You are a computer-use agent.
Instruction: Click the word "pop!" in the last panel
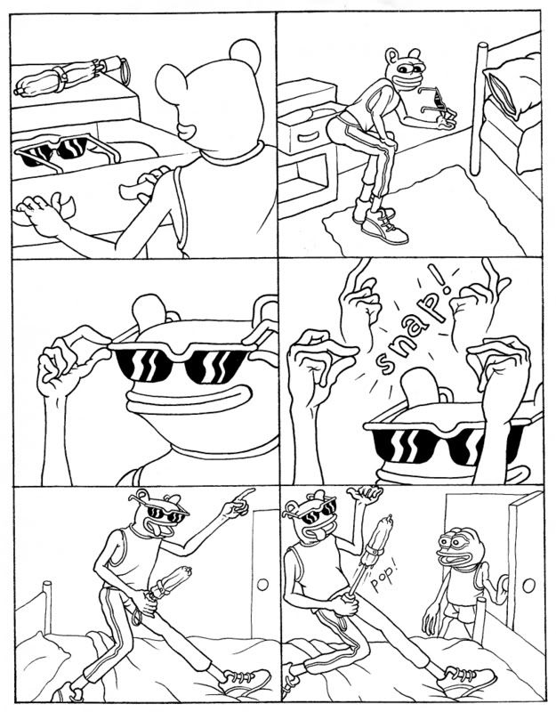pyautogui.click(x=383, y=577)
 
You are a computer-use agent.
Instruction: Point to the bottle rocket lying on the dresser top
pyautogui.click(x=71, y=76)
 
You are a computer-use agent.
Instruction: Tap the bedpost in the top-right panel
pyautogui.click(x=478, y=109)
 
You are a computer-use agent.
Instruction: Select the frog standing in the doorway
pyautogui.click(x=460, y=582)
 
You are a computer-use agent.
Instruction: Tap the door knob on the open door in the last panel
pyautogui.click(x=528, y=586)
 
